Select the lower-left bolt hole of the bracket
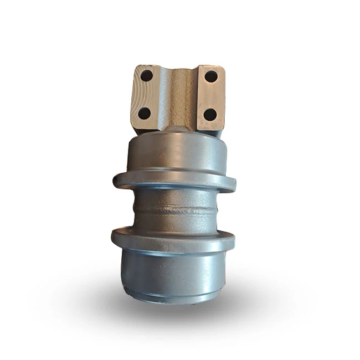144,112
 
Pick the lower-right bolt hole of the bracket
210,115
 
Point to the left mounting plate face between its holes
145,94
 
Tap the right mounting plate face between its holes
211,95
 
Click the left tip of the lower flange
112,237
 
